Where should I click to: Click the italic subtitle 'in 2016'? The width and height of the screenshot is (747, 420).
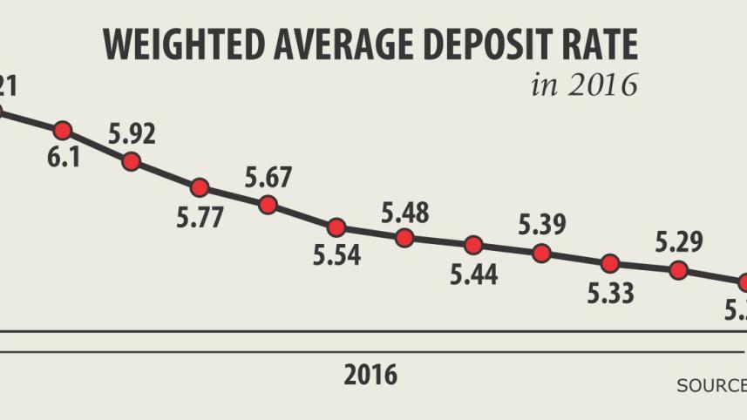(584, 85)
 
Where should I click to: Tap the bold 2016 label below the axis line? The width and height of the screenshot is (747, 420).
(370, 375)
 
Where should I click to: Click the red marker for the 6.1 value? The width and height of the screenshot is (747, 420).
(63, 131)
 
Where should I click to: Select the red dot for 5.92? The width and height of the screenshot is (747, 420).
(132, 161)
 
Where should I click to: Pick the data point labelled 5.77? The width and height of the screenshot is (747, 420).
(200, 187)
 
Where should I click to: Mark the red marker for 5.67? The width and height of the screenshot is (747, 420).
(268, 205)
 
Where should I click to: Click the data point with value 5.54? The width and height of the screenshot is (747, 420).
(336, 228)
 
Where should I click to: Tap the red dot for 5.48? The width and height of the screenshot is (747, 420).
(404, 238)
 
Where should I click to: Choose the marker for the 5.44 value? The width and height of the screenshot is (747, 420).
(473, 245)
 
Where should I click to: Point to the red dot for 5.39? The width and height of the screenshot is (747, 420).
(541, 254)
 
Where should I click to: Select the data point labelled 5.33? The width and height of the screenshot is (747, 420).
(610, 263)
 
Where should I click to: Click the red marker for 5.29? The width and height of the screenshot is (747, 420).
(678, 270)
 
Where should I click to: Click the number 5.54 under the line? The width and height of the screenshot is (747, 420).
(336, 256)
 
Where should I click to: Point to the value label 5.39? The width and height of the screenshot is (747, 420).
(541, 225)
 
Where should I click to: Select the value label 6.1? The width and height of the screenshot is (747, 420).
(65, 161)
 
